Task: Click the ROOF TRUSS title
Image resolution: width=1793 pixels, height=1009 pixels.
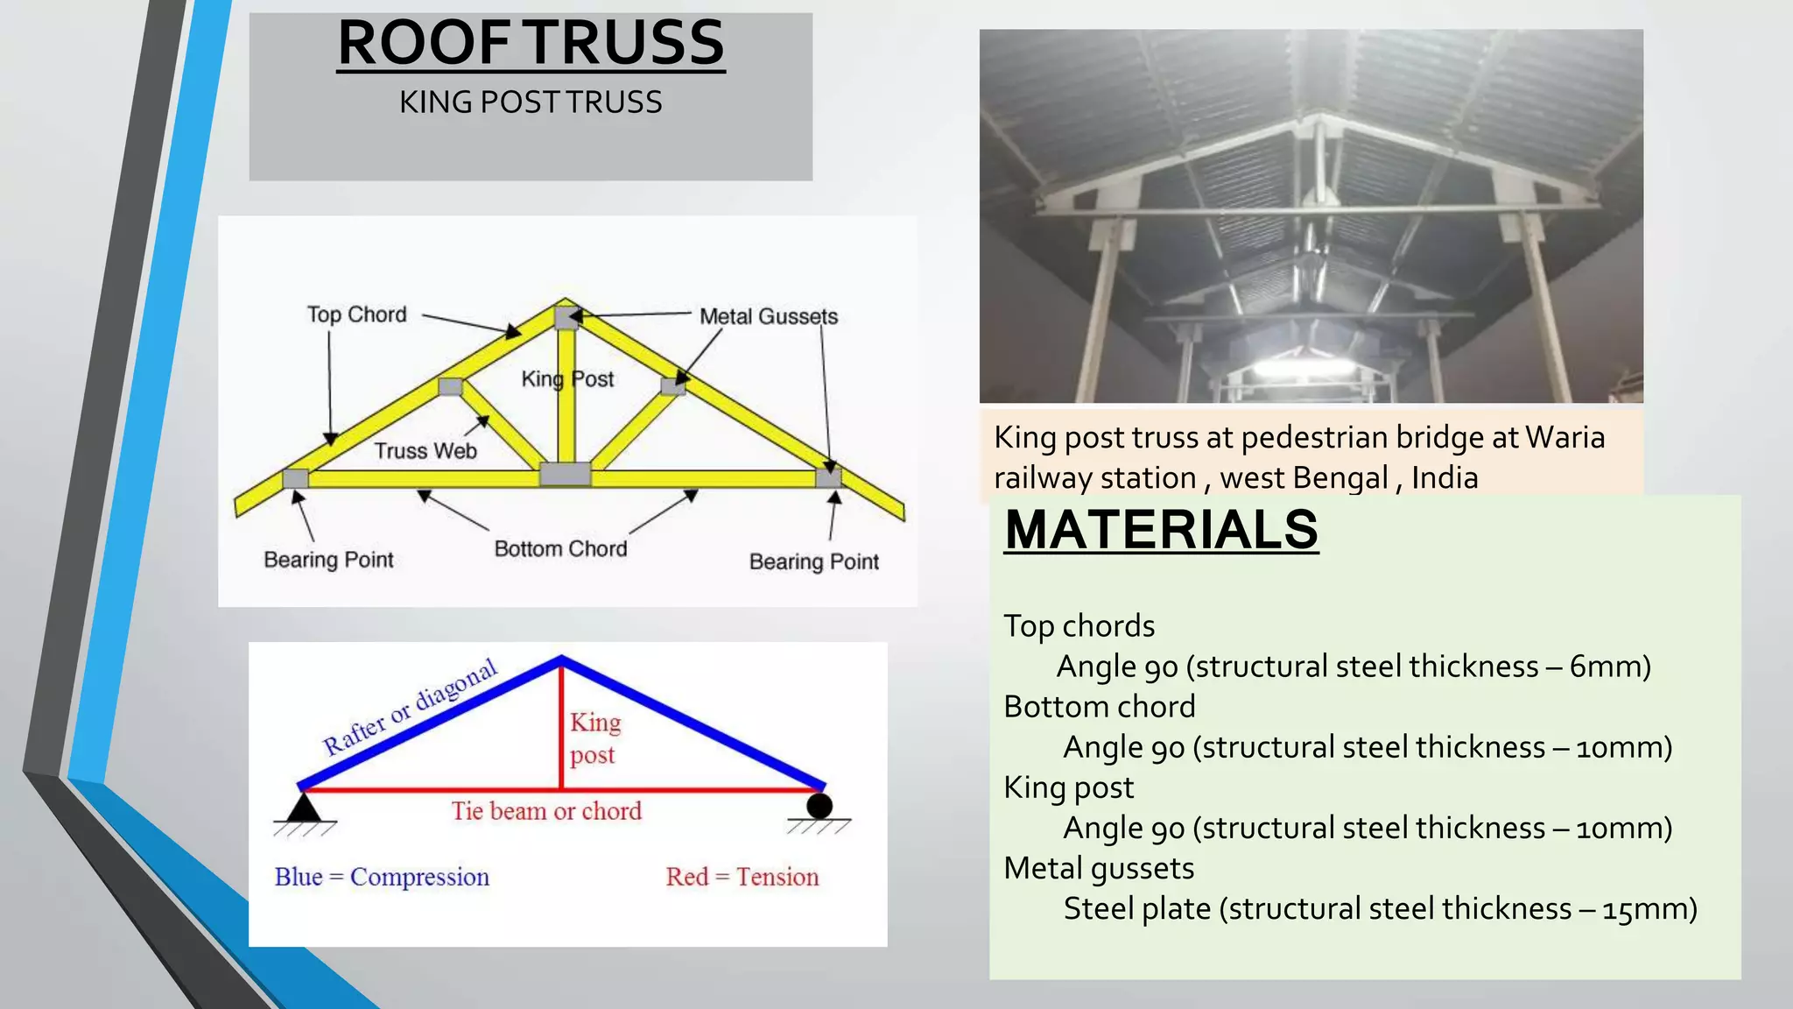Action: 531,44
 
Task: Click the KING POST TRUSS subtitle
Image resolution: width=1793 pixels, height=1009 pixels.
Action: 531,102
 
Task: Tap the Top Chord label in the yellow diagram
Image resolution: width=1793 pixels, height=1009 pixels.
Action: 357,314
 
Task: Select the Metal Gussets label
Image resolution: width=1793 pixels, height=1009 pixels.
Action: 768,316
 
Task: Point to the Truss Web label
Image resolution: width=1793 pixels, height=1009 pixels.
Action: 425,451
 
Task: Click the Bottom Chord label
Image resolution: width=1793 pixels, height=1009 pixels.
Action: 560,549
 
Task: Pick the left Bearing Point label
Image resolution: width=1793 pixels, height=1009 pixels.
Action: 328,560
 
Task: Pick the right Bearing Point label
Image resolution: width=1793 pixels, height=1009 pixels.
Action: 813,561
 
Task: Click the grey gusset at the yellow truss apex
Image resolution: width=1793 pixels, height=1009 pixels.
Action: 566,317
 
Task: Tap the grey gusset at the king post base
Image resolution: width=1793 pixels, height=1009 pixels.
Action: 565,475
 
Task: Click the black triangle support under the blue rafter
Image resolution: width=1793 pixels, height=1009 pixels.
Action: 304,807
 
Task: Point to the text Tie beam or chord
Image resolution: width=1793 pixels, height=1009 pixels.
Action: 546,811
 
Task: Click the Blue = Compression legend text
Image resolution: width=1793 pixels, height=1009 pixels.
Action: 382,877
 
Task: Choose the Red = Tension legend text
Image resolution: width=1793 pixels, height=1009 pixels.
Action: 742,877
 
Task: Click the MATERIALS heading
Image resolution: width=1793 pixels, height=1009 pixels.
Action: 1161,530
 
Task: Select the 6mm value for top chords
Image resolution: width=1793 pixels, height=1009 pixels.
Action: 1609,667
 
